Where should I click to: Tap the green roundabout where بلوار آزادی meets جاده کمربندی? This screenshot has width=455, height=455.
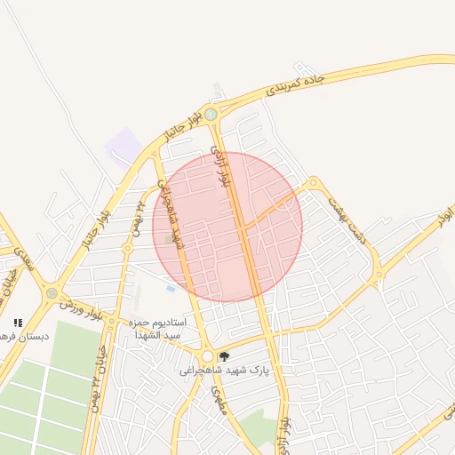tap(211, 113)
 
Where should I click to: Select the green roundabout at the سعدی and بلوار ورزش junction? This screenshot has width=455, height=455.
tap(52, 291)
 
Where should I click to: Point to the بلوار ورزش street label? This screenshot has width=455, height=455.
tap(83, 307)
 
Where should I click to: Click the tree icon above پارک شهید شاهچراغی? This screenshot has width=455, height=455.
tap(223, 355)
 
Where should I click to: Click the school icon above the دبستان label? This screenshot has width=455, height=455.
tap(18, 323)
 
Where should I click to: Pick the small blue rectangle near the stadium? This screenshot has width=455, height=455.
tap(171, 289)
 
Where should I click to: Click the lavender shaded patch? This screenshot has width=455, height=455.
tap(123, 144)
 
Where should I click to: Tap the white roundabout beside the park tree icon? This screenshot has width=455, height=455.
tap(207, 355)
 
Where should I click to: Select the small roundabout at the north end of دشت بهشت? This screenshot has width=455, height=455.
tap(312, 184)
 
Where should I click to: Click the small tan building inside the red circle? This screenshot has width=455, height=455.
tap(169, 238)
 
